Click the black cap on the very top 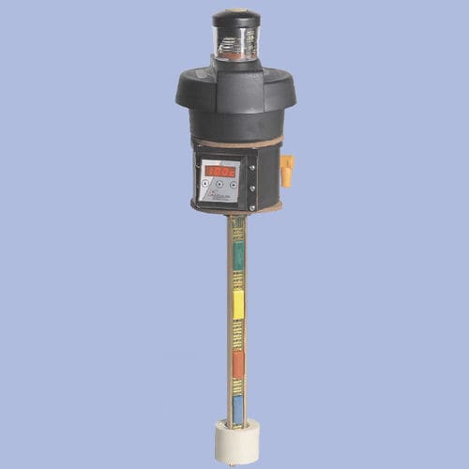click(235, 19)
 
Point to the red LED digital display click(219, 170)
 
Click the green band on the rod click(238, 255)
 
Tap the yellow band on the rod click(238, 303)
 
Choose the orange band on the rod click(238, 363)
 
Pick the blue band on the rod click(238, 407)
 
